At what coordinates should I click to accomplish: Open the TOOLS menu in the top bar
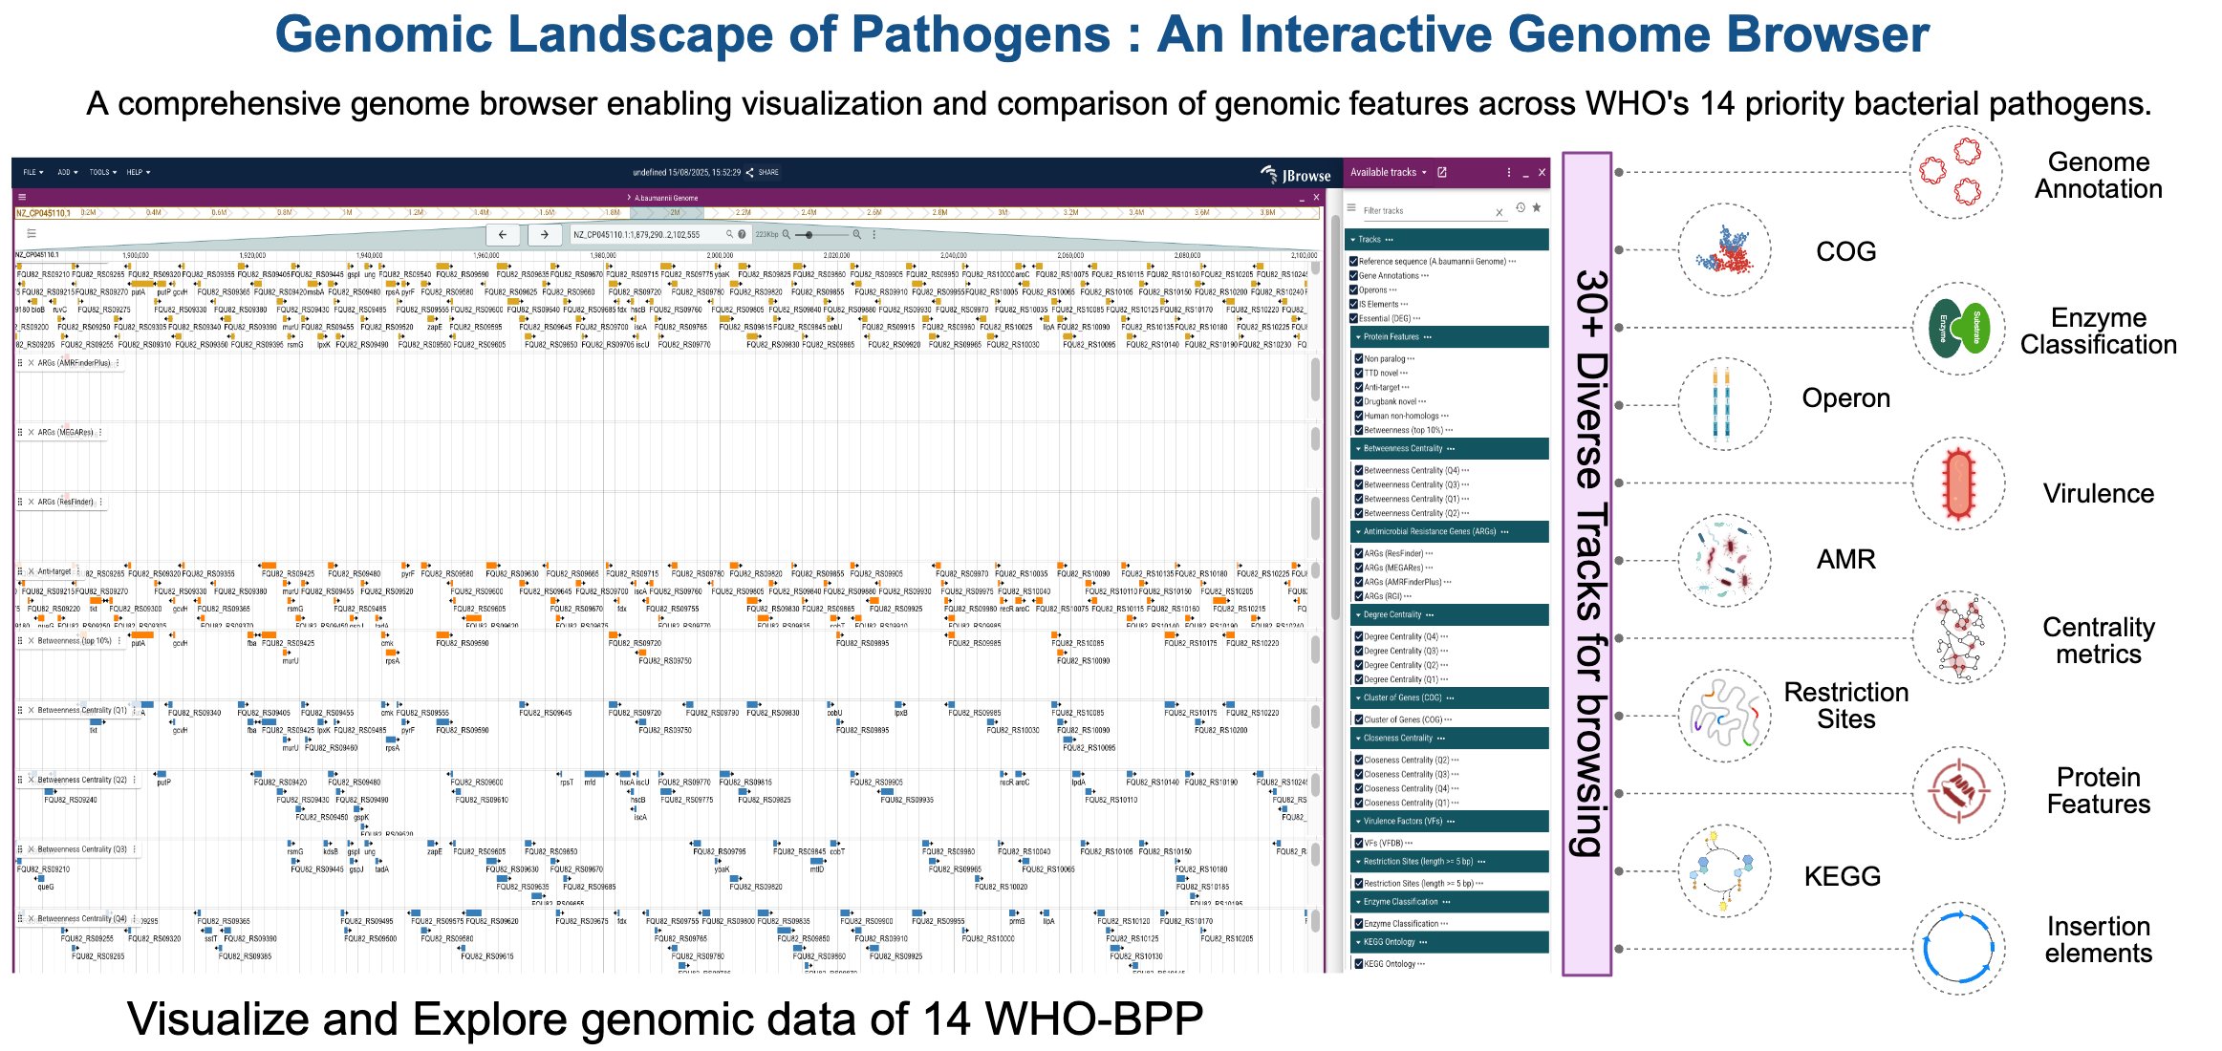(x=102, y=173)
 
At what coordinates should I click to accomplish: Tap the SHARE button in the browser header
(x=764, y=173)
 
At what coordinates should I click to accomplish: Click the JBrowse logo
(x=1296, y=175)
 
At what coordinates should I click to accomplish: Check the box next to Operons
(x=1353, y=290)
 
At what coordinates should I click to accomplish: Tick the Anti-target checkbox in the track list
(x=1358, y=387)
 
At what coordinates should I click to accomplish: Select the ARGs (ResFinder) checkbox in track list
(x=1358, y=553)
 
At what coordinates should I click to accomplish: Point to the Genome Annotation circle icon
(x=1954, y=173)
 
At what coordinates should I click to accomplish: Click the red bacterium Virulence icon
(x=1958, y=483)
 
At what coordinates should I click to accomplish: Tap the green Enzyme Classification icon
(x=1958, y=328)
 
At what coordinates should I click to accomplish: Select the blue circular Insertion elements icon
(x=1957, y=948)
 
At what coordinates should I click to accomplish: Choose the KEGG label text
(x=1842, y=876)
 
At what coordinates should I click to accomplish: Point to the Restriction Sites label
(x=1845, y=705)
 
